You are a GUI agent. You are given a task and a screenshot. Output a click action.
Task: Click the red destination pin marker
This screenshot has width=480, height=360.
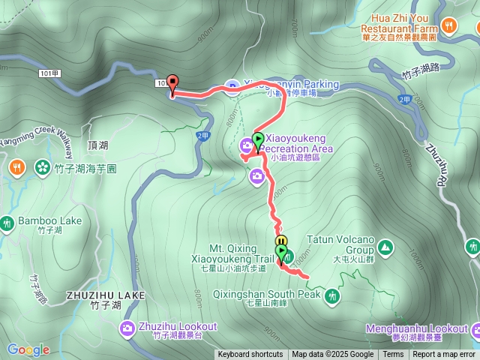tap(172, 83)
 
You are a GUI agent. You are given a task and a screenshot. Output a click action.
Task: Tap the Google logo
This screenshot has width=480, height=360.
tap(28, 349)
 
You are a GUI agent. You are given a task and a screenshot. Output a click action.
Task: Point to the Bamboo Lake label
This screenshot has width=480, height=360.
tap(49, 221)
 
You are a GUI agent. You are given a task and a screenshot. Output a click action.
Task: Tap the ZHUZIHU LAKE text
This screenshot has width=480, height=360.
tap(105, 295)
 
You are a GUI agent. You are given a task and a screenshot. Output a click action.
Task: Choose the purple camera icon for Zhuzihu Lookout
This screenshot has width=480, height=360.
tap(128, 328)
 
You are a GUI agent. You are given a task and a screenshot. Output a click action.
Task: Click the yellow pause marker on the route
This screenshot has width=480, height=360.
tap(281, 241)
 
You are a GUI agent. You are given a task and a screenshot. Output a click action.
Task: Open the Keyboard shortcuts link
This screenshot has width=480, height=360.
tap(250, 355)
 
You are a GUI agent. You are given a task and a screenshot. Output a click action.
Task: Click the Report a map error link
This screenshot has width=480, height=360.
tap(445, 355)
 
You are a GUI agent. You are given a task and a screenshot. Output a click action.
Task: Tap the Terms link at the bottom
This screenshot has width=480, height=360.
tap(393, 355)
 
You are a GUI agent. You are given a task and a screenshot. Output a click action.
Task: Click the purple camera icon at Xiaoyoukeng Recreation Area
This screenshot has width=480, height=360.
tap(247, 145)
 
